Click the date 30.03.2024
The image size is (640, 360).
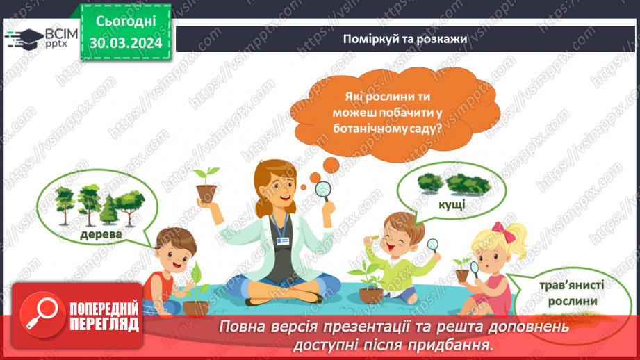(x=126, y=42)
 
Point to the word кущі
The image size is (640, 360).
(x=452, y=208)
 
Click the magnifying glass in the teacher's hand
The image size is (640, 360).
(x=323, y=189)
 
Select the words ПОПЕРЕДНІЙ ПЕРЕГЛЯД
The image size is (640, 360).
(x=102, y=316)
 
